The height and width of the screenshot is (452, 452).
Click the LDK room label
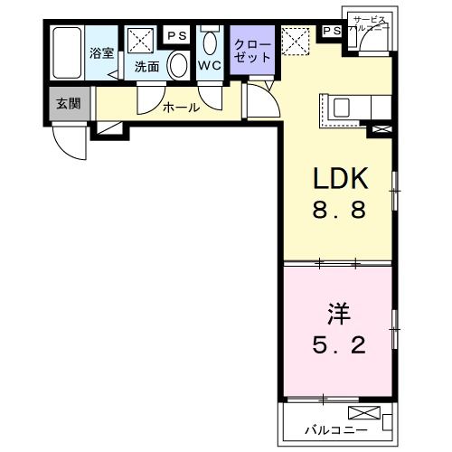[339, 178]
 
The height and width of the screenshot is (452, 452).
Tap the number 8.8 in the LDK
[339, 212]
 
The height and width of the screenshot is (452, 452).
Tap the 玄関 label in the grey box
[67, 103]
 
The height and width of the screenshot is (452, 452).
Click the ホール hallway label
[181, 108]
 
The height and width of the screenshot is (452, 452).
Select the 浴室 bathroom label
[101, 52]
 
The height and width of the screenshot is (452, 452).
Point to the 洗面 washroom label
[146, 66]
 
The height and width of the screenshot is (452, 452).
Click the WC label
[210, 66]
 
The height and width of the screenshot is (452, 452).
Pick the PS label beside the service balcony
[331, 31]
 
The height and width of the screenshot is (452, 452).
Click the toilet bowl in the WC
[211, 42]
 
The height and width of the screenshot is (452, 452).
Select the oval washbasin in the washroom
[178, 64]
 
